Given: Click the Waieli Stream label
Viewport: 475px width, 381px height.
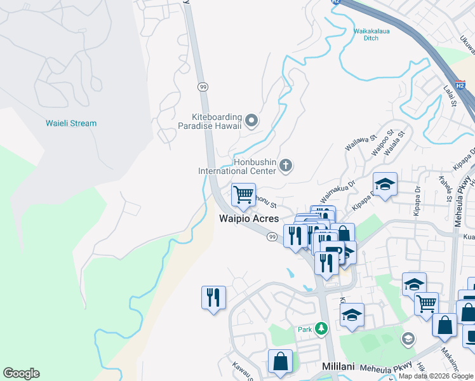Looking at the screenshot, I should tap(71, 123).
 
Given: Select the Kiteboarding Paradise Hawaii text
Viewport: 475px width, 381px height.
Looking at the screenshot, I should tap(218, 121).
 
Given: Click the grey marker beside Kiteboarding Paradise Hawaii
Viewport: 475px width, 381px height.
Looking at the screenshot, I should tap(252, 119).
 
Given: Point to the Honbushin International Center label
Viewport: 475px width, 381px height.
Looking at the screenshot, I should tap(237, 166).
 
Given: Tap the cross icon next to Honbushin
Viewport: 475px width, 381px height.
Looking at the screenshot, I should tap(286, 166).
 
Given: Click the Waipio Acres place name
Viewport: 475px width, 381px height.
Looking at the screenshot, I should tap(249, 218).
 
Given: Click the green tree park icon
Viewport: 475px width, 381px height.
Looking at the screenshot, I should tap(322, 328).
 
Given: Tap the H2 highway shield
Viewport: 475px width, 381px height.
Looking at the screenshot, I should tap(337, 3).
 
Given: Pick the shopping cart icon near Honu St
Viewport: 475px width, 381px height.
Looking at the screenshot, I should tap(243, 195).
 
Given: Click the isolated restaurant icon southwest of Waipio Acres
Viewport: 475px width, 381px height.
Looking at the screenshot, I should tap(213, 297).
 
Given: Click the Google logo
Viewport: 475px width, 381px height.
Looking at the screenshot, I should tap(21, 373).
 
